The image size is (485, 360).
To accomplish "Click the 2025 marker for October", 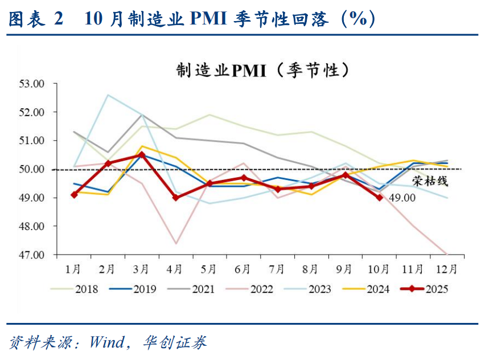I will [379, 198].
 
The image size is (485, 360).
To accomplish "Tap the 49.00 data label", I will [402, 197].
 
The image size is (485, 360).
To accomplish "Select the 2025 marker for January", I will [75, 195].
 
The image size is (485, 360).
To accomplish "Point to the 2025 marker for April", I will [176, 198].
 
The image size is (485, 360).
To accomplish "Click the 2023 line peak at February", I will [108, 95].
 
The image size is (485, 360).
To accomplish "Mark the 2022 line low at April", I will [176, 243].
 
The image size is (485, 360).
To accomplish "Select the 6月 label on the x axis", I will [243, 268].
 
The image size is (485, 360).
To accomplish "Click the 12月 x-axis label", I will [446, 268].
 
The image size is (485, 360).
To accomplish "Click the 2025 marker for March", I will [142, 155].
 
